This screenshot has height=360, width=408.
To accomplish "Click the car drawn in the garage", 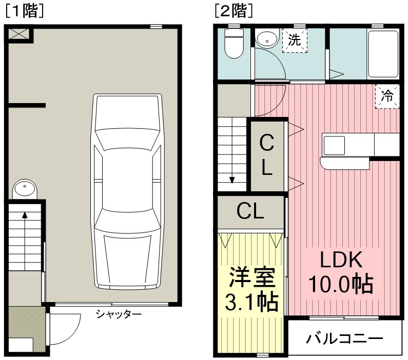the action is (127, 191).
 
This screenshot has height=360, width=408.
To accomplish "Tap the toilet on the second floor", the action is (234, 43).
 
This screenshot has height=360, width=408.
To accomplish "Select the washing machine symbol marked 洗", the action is (295, 41).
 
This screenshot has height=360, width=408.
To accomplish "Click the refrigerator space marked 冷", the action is (387, 96).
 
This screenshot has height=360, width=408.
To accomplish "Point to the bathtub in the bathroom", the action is (383, 54).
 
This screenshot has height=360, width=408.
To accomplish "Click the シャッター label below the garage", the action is (119, 314).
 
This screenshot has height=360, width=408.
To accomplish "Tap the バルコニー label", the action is (344, 338).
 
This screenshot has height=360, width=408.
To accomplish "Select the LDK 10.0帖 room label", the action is (341, 272).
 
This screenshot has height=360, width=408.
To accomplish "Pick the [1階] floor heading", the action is (24, 11).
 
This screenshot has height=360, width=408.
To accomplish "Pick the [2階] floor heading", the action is (234, 11).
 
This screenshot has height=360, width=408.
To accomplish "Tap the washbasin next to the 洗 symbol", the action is (267, 38).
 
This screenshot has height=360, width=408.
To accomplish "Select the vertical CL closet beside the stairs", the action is (267, 155).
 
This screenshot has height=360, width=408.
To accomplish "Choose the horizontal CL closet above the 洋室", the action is (250, 212).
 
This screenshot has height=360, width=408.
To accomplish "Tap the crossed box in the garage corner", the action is (20, 34).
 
